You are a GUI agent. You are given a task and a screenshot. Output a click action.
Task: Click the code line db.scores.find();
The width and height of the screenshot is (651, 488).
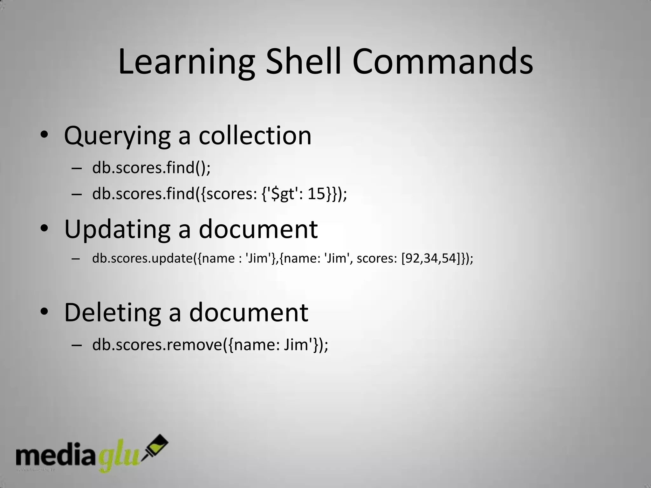[151, 167]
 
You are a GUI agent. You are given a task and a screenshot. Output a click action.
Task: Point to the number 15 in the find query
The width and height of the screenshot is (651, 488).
[316, 193]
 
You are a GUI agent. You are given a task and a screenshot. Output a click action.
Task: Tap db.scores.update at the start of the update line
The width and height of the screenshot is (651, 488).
[142, 258]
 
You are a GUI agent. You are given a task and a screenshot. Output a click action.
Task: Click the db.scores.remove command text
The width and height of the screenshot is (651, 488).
[158, 345]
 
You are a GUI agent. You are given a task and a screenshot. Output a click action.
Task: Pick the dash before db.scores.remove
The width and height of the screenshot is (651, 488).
[77, 345]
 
